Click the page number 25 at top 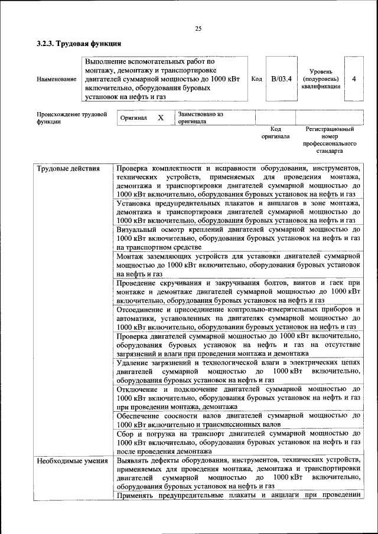pyautogui.click(x=198, y=29)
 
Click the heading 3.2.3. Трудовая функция pyautogui.click(x=79, y=44)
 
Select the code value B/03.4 pyautogui.click(x=282, y=78)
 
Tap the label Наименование pyautogui.click(x=56, y=78)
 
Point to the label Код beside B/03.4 pyautogui.click(x=256, y=78)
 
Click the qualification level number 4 pyautogui.click(x=353, y=78)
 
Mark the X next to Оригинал pyautogui.click(x=160, y=118)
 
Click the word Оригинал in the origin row pyautogui.click(x=133, y=118)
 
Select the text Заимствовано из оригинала pyautogui.click(x=200, y=118)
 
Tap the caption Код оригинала pyautogui.click(x=275, y=132)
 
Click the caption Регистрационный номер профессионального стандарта pyautogui.click(x=330, y=139)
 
